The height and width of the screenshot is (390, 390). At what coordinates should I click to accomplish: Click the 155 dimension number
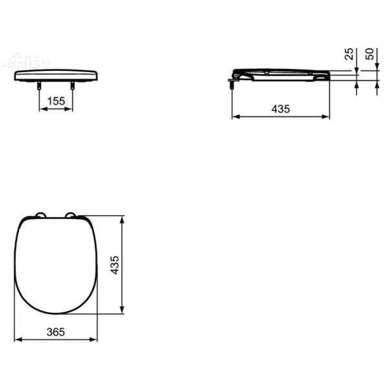point(56,101)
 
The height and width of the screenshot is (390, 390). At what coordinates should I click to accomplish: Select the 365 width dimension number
point(55,331)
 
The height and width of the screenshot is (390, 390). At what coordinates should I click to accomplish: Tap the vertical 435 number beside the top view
point(115,265)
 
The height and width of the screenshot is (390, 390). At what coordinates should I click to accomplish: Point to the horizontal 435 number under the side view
point(280,109)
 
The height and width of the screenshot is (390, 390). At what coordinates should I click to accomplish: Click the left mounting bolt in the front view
point(40,85)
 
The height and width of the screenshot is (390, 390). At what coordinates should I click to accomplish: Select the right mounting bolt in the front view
point(72,85)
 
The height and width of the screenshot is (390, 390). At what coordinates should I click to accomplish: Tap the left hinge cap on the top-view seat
point(40,216)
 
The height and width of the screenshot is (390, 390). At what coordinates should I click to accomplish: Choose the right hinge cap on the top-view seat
point(70,216)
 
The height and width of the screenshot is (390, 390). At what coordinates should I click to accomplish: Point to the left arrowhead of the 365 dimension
point(17,339)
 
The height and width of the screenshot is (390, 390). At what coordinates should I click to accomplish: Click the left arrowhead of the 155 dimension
point(42,109)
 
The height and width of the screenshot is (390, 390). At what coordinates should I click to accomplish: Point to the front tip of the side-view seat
point(328,76)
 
